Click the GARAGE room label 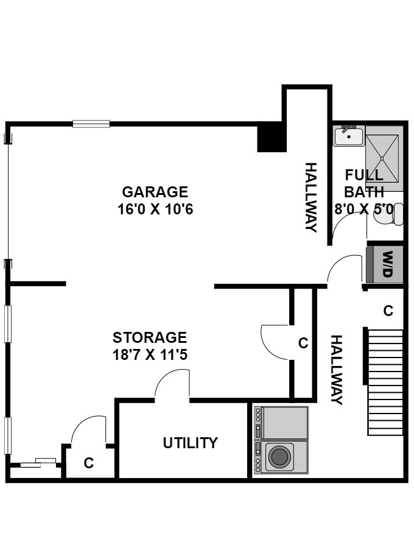tap(155, 192)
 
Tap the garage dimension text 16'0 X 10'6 tap(155, 209)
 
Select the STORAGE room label tap(150, 337)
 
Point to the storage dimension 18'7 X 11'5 tap(150, 354)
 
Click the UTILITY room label tap(190, 443)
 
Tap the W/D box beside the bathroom tap(385, 264)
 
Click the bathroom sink tap(349, 136)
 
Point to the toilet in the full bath tap(389, 214)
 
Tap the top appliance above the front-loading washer tap(281, 423)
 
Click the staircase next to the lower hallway tap(385, 382)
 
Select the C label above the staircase tap(388, 311)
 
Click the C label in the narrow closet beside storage tap(303, 343)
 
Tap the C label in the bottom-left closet tap(89, 463)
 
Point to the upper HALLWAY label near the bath tap(311, 197)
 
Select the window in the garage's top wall tap(91, 124)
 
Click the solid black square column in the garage tap(272, 139)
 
